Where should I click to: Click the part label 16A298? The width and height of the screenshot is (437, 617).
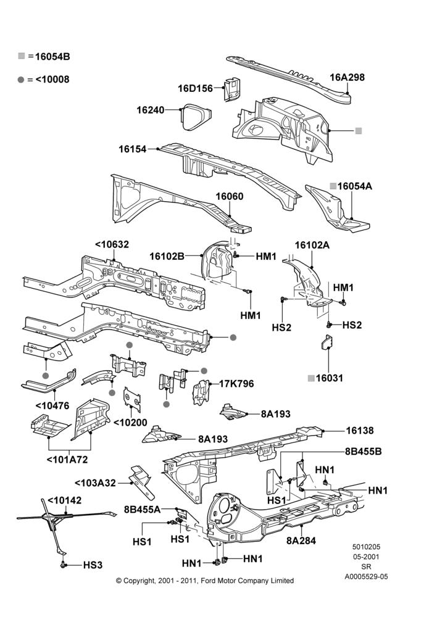click(347, 77)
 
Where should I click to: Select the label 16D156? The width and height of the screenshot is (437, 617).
click(195, 88)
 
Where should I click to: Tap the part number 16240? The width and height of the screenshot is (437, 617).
click(151, 110)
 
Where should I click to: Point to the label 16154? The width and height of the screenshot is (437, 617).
click(133, 149)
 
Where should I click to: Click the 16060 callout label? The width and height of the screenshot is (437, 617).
click(229, 196)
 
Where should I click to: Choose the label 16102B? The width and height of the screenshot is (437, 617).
click(167, 256)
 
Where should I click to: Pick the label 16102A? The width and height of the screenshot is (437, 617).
click(312, 245)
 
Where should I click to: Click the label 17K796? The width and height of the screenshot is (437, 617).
click(236, 383)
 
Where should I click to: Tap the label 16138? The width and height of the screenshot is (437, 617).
click(360, 431)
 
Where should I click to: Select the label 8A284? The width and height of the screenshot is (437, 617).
click(301, 540)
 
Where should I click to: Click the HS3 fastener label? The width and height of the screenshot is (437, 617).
click(93, 565)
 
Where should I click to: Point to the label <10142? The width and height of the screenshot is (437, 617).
click(65, 500)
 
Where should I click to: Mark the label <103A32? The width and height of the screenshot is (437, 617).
click(95, 483)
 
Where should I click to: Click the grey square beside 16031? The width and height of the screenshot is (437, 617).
click(311, 378)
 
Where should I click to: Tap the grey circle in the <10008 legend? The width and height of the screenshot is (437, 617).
click(21, 80)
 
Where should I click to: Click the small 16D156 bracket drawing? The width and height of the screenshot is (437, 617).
click(232, 89)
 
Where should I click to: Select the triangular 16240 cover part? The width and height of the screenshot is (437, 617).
click(196, 117)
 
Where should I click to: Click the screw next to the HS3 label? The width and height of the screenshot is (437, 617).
click(62, 565)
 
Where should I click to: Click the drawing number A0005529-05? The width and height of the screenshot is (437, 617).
click(366, 576)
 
